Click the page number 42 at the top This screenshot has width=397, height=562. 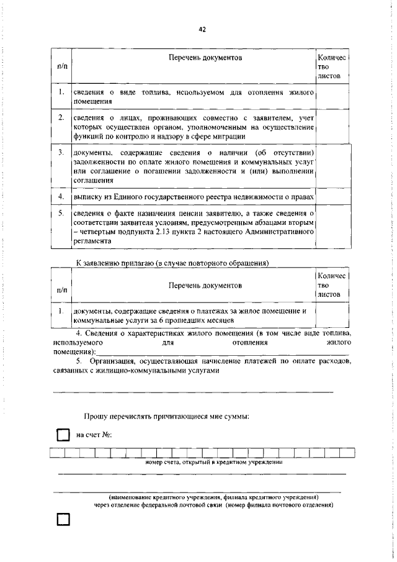coord(202,29)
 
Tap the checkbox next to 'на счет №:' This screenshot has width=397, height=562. coord(63,435)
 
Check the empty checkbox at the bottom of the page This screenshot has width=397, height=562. coord(63,537)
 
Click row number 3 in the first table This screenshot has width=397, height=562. coord(61,152)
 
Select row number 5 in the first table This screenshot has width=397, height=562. coord(61,213)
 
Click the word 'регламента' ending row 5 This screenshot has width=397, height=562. coord(93,245)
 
